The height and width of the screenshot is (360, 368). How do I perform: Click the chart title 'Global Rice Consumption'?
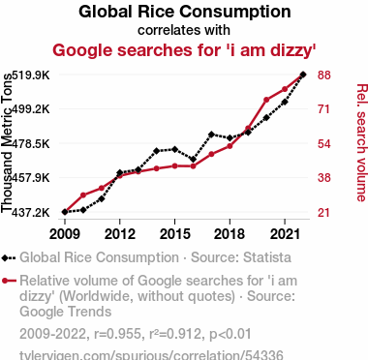[x=184, y=12]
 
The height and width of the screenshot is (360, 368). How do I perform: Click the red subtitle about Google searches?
[x=184, y=50]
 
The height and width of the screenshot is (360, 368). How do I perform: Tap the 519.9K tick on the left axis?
[x=31, y=75]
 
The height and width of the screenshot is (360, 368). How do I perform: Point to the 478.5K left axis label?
[x=31, y=143]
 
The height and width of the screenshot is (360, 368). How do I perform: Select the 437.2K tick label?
[x=31, y=213]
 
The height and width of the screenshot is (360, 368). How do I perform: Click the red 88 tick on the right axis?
[x=324, y=75]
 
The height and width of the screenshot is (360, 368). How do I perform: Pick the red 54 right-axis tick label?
[x=324, y=143]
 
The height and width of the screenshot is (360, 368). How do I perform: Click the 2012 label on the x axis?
[x=120, y=234]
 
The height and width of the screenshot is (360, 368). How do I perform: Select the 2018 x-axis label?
[x=230, y=234]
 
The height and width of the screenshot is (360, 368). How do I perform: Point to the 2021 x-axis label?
[x=285, y=234]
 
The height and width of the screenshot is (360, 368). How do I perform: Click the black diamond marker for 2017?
[x=211, y=135]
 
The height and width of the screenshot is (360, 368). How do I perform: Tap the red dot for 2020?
[x=266, y=100]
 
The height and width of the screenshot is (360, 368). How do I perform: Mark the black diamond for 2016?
[x=193, y=160]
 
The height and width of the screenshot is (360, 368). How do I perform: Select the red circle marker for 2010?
[x=83, y=195]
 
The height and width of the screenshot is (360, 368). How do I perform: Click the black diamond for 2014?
[x=157, y=151]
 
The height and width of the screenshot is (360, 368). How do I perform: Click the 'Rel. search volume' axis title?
[x=361, y=143]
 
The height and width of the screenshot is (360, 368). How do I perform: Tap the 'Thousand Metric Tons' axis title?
[x=7, y=143]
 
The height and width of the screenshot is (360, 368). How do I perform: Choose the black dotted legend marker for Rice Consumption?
[x=9, y=258]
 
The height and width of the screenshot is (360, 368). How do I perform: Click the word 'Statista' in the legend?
[x=267, y=257]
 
